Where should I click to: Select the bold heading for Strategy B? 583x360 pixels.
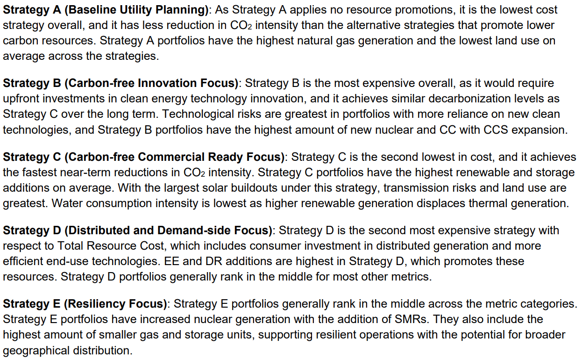pos(121,83)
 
